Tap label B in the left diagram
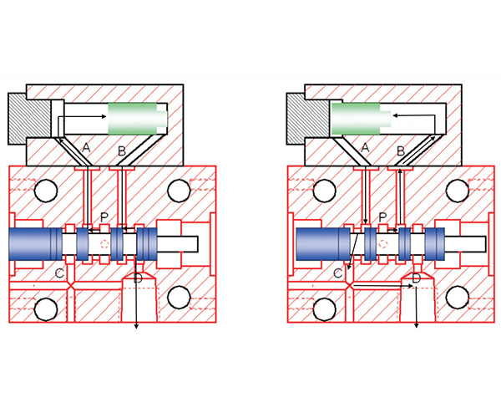(122, 151)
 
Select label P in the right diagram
(381, 217)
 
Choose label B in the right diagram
(400, 151)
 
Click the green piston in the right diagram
(357, 118)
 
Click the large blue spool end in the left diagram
(32, 245)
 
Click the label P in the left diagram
(104, 217)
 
